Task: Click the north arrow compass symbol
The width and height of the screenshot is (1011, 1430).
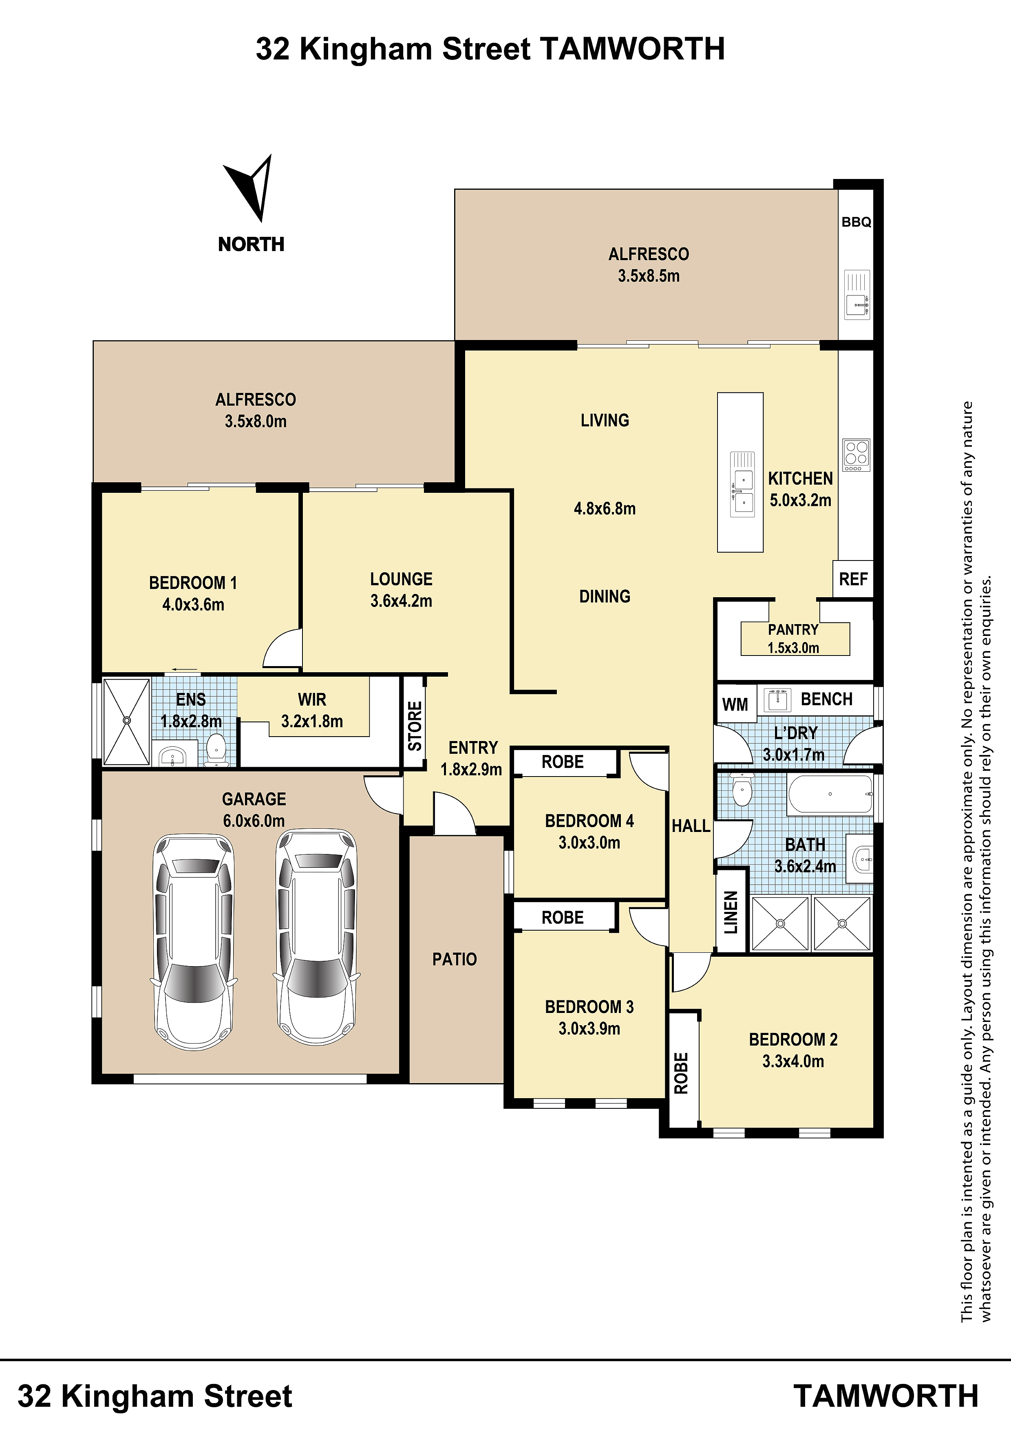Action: click(x=252, y=188)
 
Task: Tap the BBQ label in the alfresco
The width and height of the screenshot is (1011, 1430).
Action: click(x=856, y=222)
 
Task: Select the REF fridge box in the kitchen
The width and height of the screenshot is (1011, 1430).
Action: click(x=853, y=579)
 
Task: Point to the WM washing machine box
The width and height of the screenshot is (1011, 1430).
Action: click(x=735, y=704)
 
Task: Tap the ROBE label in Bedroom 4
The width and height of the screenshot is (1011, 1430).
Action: click(x=563, y=762)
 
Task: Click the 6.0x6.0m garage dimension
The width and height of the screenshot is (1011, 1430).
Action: click(x=254, y=821)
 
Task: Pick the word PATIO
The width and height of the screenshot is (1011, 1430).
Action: click(x=455, y=959)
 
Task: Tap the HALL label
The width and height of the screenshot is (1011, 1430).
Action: click(x=691, y=826)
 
